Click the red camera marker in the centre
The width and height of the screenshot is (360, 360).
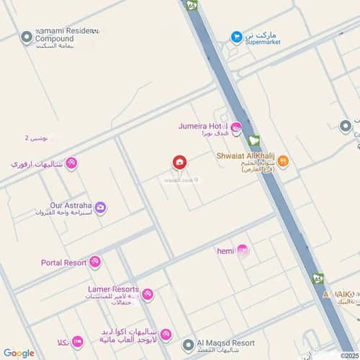click(x=179, y=163)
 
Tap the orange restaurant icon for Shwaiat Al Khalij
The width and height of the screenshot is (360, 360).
click(x=283, y=161)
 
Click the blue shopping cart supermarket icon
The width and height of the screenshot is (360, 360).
click(x=236, y=37)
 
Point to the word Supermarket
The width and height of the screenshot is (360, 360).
click(x=263, y=41)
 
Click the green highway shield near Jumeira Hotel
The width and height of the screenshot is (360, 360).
click(x=253, y=141)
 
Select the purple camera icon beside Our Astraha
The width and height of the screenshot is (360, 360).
click(x=101, y=208)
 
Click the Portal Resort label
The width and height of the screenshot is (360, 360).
click(x=63, y=263)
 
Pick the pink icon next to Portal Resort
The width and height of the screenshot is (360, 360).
click(x=95, y=262)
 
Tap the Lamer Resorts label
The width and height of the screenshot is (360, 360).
click(x=108, y=289)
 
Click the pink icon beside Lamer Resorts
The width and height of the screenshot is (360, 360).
click(x=148, y=294)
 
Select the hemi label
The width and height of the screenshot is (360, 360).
click(x=226, y=251)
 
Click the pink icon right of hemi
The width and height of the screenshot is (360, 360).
click(x=243, y=251)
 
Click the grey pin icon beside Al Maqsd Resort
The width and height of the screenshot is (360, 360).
click(x=188, y=345)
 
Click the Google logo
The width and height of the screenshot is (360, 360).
click(x=19, y=353)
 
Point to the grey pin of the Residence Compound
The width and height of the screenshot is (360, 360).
click(x=27, y=37)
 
